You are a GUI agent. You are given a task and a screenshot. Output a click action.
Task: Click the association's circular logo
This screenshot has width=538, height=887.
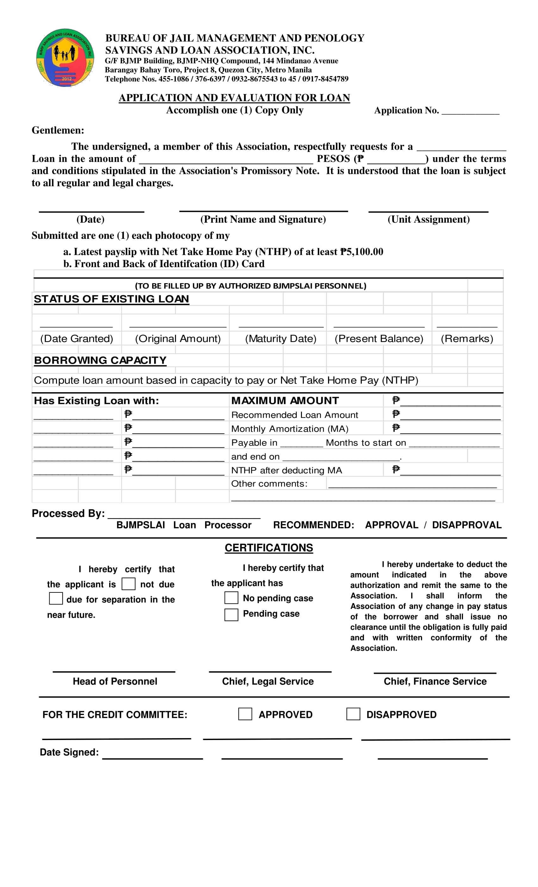[65, 58]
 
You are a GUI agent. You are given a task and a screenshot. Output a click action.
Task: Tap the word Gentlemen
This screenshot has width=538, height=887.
[57, 130]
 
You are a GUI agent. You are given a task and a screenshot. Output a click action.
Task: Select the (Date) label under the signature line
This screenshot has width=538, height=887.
[90, 219]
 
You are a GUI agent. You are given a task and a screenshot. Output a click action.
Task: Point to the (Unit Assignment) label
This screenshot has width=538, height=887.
[428, 219]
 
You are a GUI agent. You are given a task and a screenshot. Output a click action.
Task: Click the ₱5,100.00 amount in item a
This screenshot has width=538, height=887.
[362, 252]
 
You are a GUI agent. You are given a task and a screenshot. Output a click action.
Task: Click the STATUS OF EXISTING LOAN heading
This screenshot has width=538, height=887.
[111, 299]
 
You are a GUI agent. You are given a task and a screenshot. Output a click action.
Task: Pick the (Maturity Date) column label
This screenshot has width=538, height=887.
[280, 338]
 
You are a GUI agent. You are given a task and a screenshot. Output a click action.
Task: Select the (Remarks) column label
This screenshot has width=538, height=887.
[467, 338]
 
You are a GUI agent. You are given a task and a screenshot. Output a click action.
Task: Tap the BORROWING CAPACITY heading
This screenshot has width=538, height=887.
[100, 361]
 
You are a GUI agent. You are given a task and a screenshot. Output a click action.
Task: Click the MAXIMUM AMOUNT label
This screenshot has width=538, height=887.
[285, 401]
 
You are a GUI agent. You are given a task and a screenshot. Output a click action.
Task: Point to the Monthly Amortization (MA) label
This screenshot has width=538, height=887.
[290, 429]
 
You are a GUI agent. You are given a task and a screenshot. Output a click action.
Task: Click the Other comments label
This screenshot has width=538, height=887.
[269, 483]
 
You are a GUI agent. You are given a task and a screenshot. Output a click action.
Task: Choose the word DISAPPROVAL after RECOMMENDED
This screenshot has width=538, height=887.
[466, 525]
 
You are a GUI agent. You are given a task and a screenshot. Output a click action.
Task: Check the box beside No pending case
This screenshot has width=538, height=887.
[231, 598]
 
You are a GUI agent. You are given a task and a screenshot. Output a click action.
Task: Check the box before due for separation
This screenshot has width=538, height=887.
[56, 599]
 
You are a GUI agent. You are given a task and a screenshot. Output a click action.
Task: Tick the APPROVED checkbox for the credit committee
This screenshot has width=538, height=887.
[245, 714]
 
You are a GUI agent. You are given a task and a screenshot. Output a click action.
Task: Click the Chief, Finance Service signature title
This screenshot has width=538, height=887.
[435, 681]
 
